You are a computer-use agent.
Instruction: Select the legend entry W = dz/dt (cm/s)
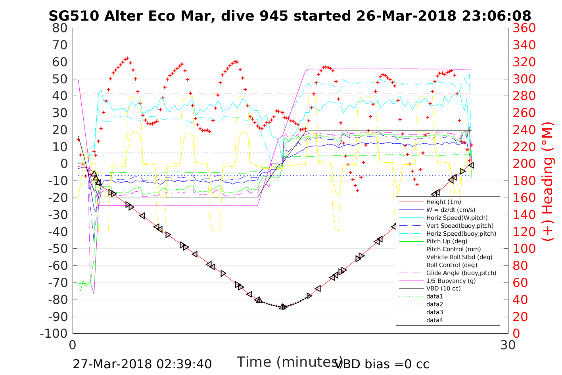tap(451, 210)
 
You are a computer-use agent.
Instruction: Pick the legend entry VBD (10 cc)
tap(443, 288)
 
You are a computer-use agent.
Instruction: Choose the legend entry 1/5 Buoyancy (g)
tap(451, 281)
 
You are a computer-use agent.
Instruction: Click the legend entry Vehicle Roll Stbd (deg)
tap(459, 257)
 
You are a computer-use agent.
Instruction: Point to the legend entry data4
tap(434, 320)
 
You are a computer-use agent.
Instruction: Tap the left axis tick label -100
tap(54, 333)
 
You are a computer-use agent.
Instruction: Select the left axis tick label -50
tap(58, 248)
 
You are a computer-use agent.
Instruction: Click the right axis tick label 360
tap(524, 28)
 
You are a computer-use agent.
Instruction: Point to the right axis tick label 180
tap(524, 181)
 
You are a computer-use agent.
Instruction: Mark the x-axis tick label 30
tap(508, 345)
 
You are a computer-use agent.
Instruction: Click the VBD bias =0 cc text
tap(382, 364)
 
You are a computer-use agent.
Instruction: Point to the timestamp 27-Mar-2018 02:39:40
tap(142, 364)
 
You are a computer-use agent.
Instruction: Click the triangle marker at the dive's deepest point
tap(283, 307)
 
